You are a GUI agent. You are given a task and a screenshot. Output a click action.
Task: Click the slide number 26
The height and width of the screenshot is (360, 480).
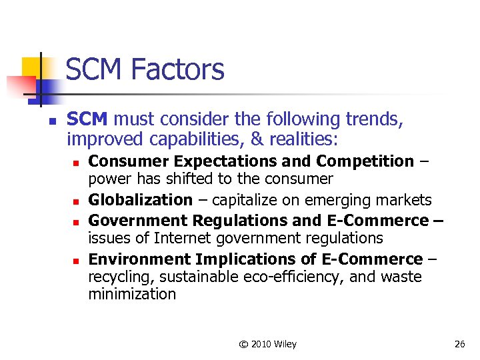coord(459,344)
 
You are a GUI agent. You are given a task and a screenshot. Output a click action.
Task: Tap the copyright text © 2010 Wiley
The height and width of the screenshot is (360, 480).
coord(268,344)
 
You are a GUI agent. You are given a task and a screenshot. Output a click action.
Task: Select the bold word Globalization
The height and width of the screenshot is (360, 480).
coord(140,200)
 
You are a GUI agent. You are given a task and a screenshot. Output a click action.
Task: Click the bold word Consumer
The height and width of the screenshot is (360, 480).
coord(121,161)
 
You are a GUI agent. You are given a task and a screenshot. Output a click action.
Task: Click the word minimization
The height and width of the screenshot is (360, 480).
coord(132,294)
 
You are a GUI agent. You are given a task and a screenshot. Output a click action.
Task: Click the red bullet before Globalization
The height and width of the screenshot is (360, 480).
coord(77,201)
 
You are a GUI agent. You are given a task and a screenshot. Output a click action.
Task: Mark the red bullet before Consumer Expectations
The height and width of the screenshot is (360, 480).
coord(77,162)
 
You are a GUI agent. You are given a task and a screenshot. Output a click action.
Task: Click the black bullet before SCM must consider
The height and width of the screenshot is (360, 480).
coord(52,121)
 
